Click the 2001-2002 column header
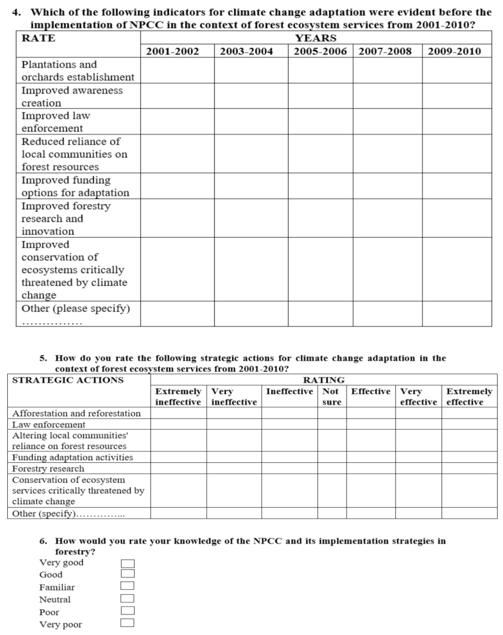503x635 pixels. [x=173, y=52]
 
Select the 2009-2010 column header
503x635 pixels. [x=454, y=52]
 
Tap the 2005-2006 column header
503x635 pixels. [x=320, y=52]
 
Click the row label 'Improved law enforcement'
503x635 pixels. [x=55, y=122]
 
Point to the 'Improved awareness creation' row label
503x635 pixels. [x=72, y=96]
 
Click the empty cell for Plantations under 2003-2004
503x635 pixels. [x=251, y=71]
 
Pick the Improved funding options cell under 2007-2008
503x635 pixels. [x=387, y=186]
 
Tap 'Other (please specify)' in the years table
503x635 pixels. [x=75, y=309]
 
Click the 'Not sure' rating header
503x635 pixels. [x=331, y=397]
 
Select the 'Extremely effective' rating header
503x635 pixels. [x=469, y=397]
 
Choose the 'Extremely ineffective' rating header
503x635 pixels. [x=178, y=397]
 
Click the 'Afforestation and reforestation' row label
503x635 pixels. [x=76, y=413]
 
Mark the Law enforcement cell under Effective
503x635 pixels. [x=371, y=424]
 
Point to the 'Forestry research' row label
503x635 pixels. [x=48, y=468]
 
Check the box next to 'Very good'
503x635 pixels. [x=128, y=564]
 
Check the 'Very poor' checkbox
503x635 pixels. [x=128, y=623]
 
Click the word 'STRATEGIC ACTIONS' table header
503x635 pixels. [x=68, y=380]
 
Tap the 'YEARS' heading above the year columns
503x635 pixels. [x=316, y=38]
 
